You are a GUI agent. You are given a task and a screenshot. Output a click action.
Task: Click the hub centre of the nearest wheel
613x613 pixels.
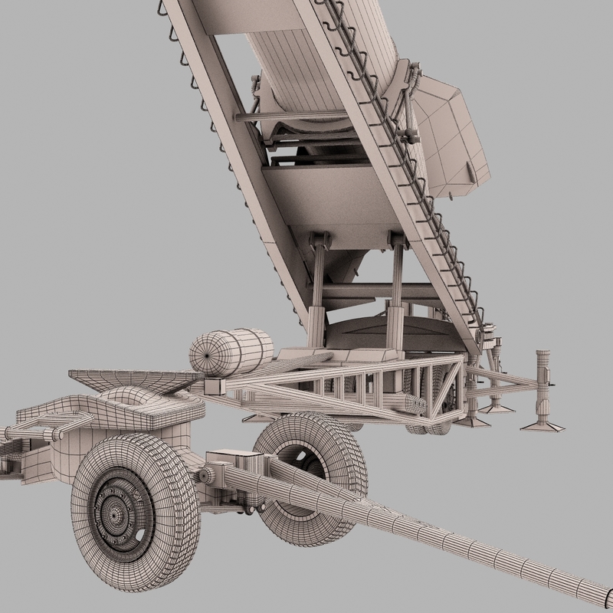tap(115, 507)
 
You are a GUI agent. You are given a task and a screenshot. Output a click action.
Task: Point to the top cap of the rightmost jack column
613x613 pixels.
tap(546, 353)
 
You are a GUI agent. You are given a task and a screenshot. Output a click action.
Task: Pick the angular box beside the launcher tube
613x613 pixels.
tap(452, 138)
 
